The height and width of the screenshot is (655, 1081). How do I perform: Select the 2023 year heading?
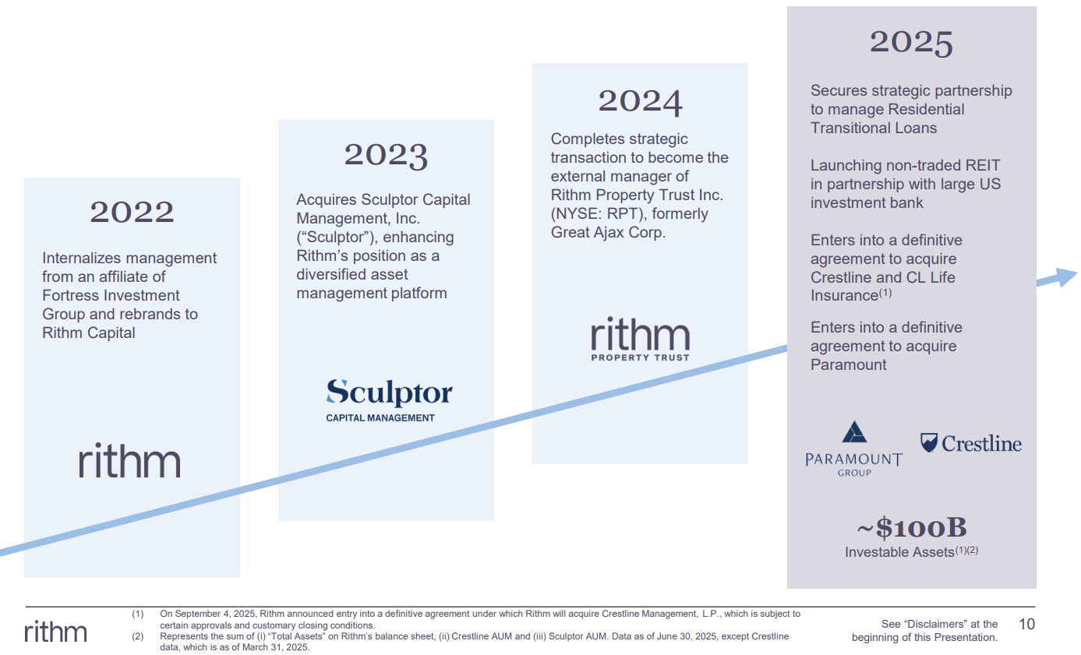[386, 155]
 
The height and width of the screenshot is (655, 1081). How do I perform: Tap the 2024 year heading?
[640, 100]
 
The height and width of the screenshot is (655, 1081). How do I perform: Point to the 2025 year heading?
[911, 42]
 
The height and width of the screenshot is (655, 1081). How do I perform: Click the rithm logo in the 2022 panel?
[129, 460]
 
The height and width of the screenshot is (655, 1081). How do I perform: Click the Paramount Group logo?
[853, 449]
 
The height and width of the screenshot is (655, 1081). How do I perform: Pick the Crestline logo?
[970, 444]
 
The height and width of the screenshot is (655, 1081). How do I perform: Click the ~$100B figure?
[911, 528]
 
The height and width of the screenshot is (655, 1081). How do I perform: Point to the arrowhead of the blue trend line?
[1062, 276]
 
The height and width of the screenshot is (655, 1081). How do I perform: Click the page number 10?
[1028, 624]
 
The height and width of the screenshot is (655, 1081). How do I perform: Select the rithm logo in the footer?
[55, 632]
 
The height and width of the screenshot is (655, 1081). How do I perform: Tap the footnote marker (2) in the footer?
[138, 636]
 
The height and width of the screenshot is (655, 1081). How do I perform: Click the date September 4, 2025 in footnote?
[215, 615]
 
